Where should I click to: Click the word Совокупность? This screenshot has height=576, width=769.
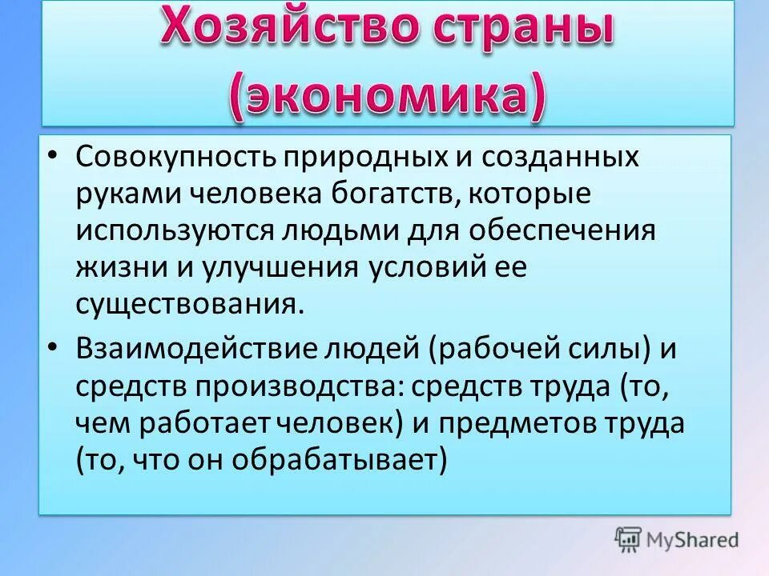(175, 157)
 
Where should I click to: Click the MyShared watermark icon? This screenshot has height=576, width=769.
(628, 540)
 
